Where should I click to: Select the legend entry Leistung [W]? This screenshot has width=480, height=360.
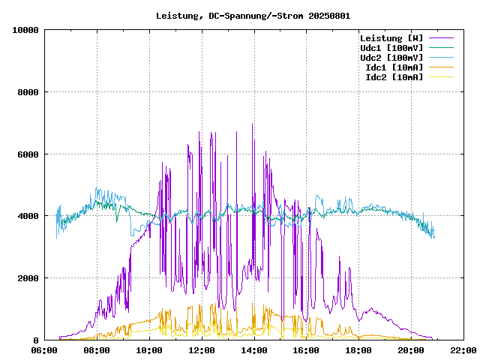click(x=391, y=37)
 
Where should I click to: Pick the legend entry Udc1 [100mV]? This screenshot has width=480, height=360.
click(x=391, y=47)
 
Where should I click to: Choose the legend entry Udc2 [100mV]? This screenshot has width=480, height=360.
click(x=391, y=57)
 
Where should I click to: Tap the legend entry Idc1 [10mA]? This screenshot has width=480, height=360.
click(x=394, y=67)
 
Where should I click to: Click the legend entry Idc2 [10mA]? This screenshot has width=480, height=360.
click(x=394, y=76)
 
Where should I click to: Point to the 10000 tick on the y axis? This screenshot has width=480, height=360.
click(x=25, y=30)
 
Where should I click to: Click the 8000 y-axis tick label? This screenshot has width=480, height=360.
click(x=28, y=92)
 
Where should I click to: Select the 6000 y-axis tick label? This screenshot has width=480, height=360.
click(x=28, y=154)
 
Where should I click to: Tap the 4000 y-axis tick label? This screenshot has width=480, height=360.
click(x=28, y=216)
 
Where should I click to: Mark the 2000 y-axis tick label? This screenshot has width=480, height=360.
click(x=28, y=278)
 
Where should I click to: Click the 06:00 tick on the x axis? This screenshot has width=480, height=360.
click(x=44, y=349)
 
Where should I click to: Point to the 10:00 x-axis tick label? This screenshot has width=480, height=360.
click(x=149, y=349)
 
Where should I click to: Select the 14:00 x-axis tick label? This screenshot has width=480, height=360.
click(x=254, y=349)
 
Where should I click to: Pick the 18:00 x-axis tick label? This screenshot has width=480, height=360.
click(x=358, y=349)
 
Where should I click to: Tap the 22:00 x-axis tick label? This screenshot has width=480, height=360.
click(x=463, y=349)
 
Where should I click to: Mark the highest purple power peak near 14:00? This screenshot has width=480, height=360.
click(x=253, y=125)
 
